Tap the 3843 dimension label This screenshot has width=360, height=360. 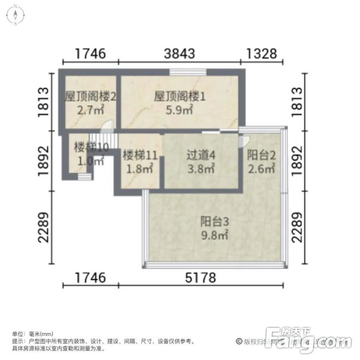[x=179, y=53]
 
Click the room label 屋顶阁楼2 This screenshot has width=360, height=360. [x=90, y=96]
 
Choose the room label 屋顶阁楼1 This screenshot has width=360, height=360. [x=180, y=96]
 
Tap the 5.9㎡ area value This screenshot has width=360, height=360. [x=180, y=110]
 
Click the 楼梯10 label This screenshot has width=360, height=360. [x=91, y=147]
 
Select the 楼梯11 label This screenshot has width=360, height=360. [x=140, y=156]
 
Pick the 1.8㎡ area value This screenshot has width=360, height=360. [x=140, y=168]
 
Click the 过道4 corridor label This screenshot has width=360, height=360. [x=200, y=156]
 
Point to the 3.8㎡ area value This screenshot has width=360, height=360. [x=200, y=168]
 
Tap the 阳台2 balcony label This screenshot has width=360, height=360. [x=261, y=156]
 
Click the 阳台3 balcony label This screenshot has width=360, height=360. [x=214, y=222]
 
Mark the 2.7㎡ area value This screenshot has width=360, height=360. [x=90, y=110]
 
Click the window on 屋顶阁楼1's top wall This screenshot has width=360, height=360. [x=188, y=72]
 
